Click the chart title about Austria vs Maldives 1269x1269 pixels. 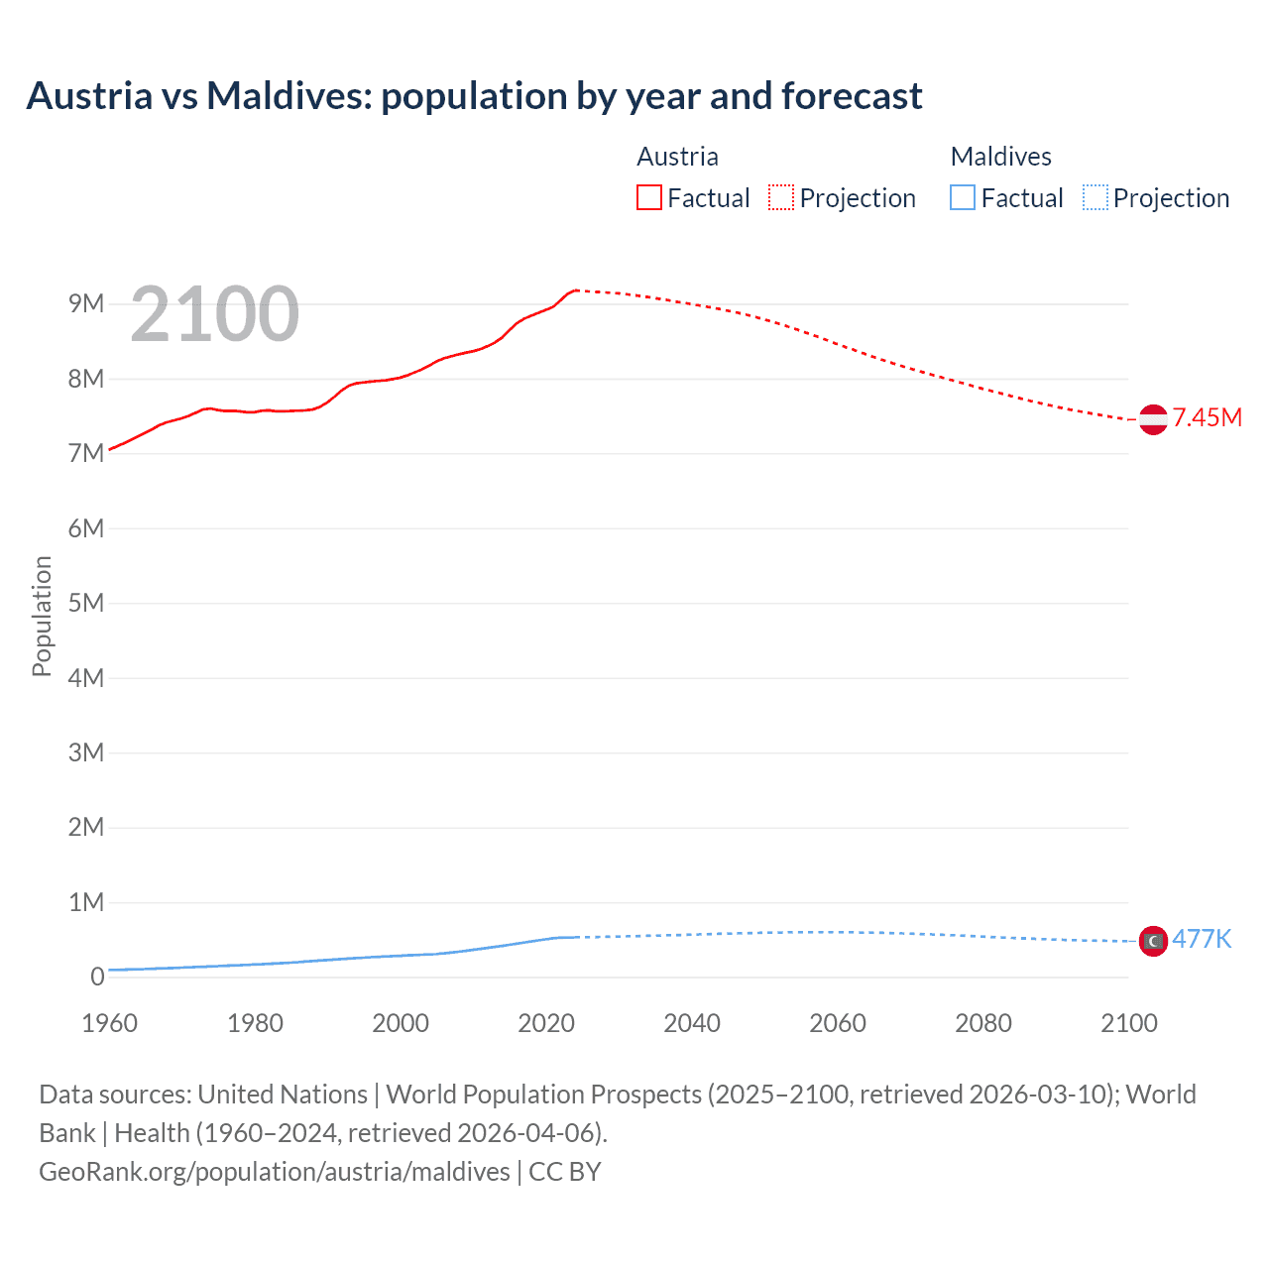474,96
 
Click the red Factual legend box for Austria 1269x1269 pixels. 648,197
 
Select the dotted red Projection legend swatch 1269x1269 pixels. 780,197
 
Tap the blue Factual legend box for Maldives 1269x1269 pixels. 962,197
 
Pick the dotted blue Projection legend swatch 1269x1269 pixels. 1095,197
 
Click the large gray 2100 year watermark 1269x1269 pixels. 214,314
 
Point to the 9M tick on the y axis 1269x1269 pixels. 86,303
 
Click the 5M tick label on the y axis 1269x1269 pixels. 86,603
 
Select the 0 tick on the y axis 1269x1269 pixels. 97,977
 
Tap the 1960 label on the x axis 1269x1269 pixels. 109,1023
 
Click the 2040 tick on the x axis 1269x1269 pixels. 692,1023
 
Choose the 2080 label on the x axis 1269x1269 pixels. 983,1023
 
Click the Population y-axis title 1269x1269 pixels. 42,616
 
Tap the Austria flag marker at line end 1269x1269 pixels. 1153,419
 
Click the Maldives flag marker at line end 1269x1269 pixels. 1153,941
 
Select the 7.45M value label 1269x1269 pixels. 1207,417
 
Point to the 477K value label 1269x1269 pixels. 1202,939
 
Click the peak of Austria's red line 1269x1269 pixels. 576,289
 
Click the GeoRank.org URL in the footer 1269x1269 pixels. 275,1171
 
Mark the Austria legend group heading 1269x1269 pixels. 677,157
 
